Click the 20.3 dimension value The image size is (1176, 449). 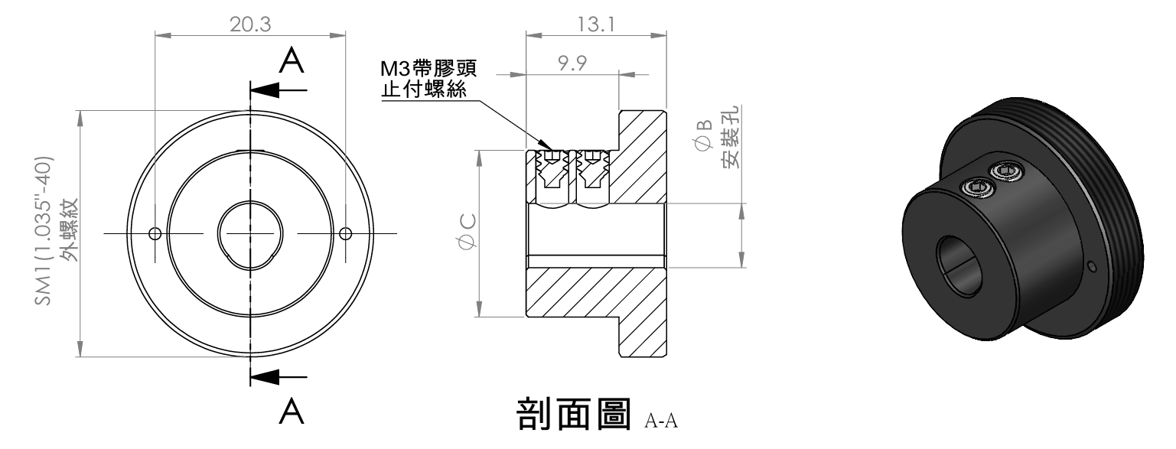pos(250,24)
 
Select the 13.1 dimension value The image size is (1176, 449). pos(596,24)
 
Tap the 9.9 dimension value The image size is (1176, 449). pos(572,63)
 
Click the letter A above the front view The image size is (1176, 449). pos(292,60)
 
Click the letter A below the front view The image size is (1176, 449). pos(292,412)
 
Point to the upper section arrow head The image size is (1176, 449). pos(264,90)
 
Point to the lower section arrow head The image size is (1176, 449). pos(264,376)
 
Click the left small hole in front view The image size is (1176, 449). pos(155,233)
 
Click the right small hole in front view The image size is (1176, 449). pos(345,233)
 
